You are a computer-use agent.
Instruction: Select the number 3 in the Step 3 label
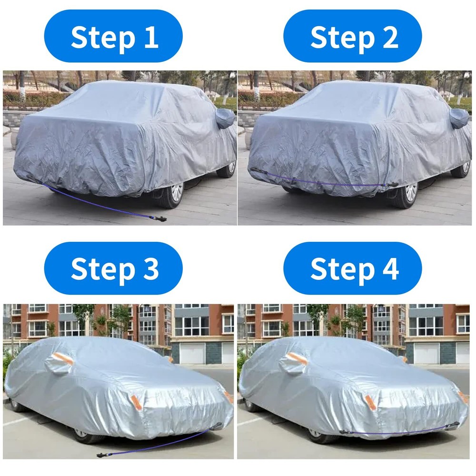[149, 269]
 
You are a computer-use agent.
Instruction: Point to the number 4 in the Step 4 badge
[389, 269]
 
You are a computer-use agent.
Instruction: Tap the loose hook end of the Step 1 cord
[162, 219]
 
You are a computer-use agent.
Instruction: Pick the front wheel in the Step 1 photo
[173, 193]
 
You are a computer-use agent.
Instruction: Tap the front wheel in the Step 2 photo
[408, 192]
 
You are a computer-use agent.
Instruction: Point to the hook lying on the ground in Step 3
[101, 455]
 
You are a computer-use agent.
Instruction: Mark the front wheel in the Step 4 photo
[318, 435]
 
